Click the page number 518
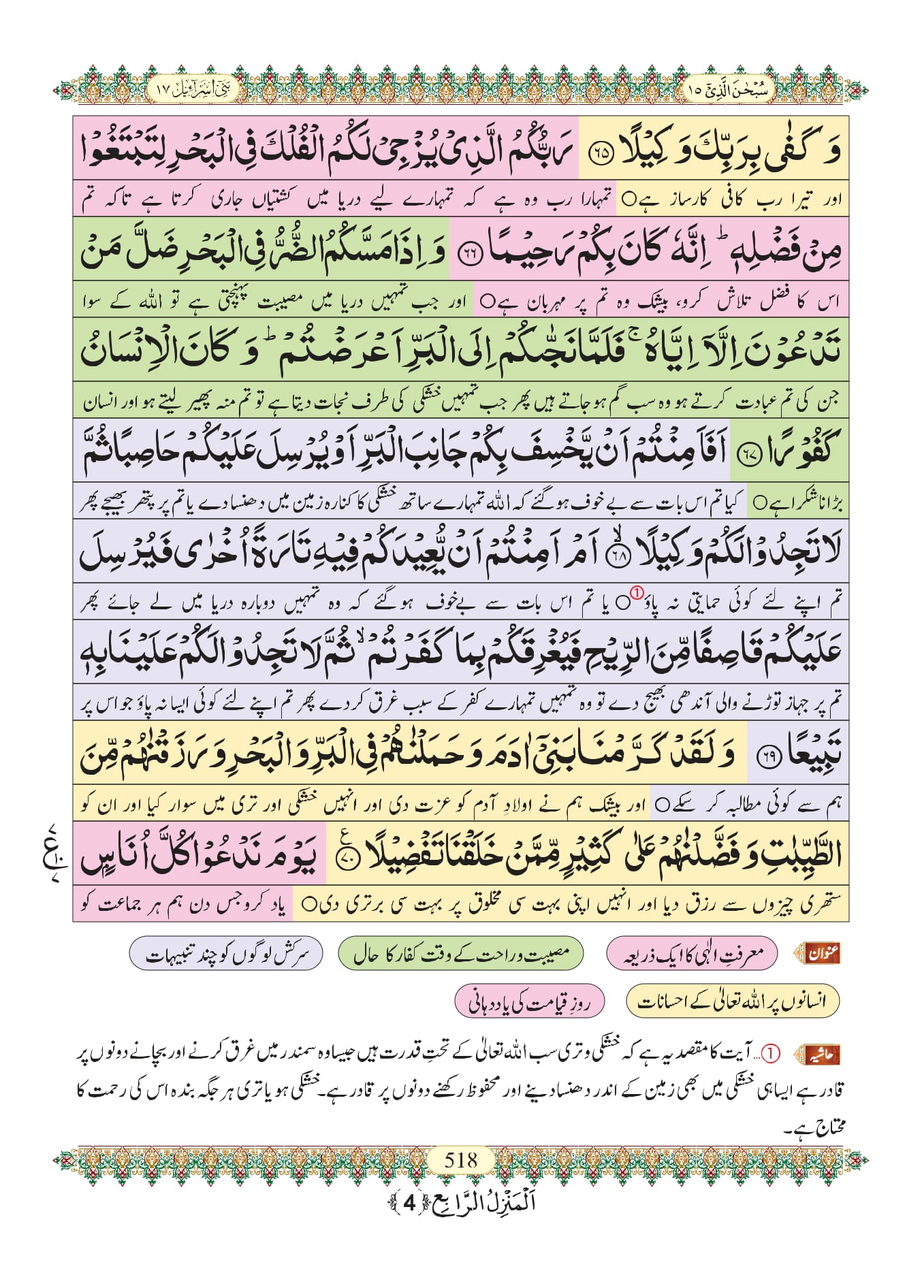[x=460, y=1159]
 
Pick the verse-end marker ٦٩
[x=771, y=758]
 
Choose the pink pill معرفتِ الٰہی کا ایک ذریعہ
[x=691, y=954]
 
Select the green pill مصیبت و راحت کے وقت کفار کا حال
[x=461, y=954]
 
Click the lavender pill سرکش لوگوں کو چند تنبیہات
[x=226, y=954]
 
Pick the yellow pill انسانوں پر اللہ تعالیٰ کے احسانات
[x=732, y=1001]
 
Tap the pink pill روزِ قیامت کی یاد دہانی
[x=528, y=1001]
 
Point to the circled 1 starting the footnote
[x=769, y=1054]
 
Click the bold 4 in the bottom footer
[x=409, y=1202]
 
